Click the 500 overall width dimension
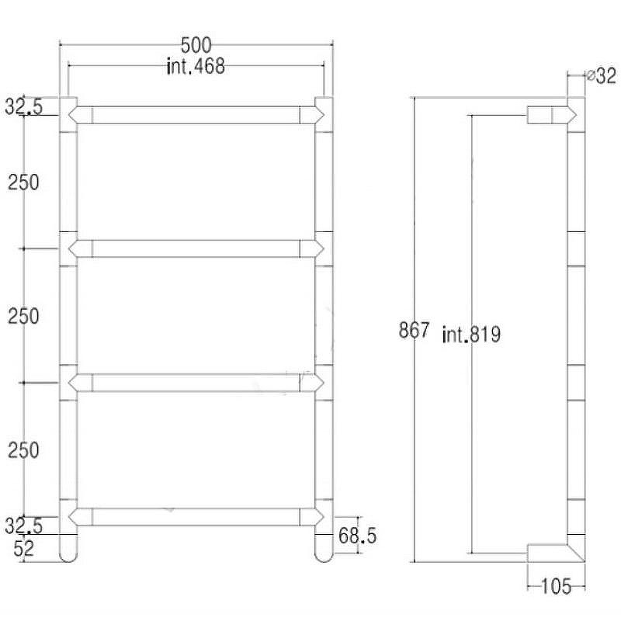(x=196, y=45)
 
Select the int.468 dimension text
(x=196, y=67)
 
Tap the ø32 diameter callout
(x=602, y=75)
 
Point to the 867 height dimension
(x=414, y=330)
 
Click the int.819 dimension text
(x=471, y=335)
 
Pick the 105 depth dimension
(x=556, y=587)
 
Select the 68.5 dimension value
(x=358, y=536)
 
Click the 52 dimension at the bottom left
(x=24, y=549)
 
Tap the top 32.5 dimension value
(x=23, y=106)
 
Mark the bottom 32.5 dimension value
(x=23, y=526)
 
